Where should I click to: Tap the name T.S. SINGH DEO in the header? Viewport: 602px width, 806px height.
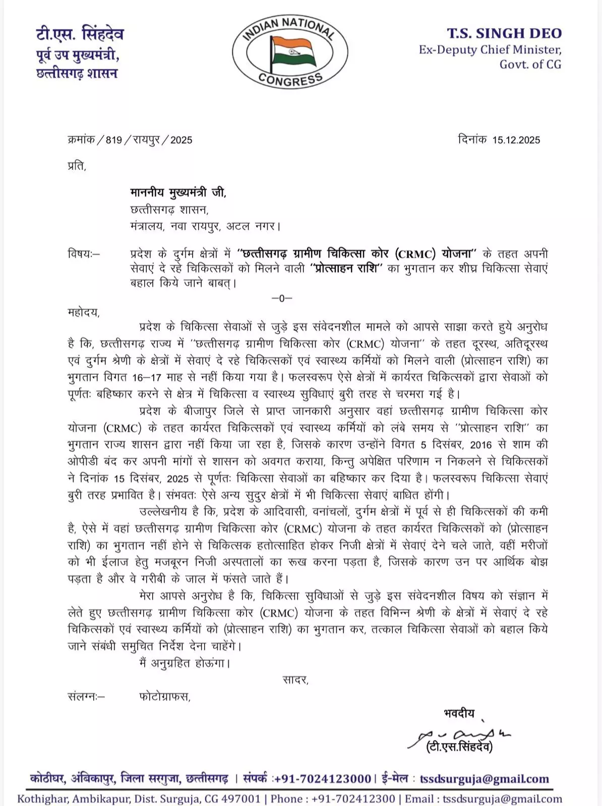504,33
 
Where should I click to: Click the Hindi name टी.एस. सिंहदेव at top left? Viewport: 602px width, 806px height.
80,34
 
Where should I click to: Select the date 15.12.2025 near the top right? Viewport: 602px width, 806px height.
516,140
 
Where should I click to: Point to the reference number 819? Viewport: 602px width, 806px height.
113,140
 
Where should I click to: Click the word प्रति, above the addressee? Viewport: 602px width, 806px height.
77,165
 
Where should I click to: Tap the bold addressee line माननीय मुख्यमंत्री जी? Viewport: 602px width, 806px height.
178,192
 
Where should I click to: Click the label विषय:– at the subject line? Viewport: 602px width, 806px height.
84,253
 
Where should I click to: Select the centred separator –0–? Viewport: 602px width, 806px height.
282,298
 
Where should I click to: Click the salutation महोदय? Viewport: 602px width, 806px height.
84,312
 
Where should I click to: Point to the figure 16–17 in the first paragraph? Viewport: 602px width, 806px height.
150,377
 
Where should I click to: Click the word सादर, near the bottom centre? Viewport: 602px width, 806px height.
295,680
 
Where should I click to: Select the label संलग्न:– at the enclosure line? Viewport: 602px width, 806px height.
86,697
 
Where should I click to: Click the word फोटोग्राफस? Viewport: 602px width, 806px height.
165,697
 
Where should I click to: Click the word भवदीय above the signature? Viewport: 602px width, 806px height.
459,713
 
